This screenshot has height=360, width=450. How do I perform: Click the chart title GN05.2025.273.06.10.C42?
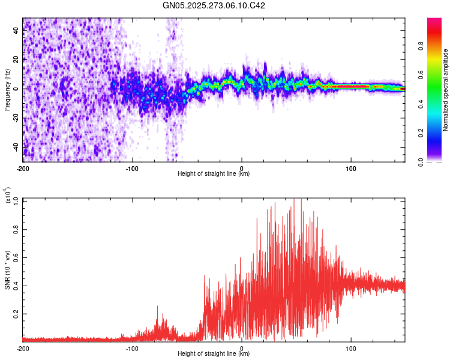pyautogui.click(x=214, y=5)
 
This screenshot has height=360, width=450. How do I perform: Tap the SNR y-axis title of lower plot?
pyautogui.click(x=7, y=269)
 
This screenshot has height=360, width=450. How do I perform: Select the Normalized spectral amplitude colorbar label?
pyautogui.click(x=445, y=90)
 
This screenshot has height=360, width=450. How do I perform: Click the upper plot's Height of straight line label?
pyautogui.click(x=214, y=173)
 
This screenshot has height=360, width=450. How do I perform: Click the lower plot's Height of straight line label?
pyautogui.click(x=214, y=353)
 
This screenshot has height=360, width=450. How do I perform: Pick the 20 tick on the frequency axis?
pyautogui.click(x=16, y=59)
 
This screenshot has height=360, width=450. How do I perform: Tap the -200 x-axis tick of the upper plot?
pyautogui.click(x=23, y=168)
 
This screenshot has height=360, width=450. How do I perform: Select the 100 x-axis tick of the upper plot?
pyautogui.click(x=350, y=168)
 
